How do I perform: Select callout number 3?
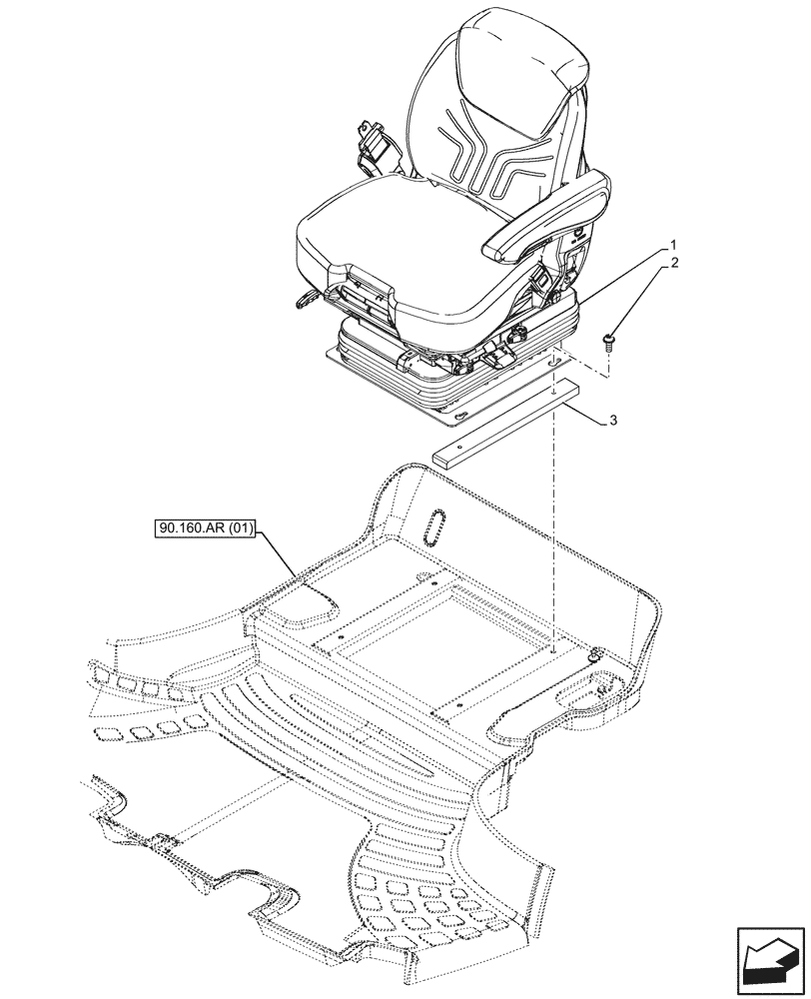coord(612,423)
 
